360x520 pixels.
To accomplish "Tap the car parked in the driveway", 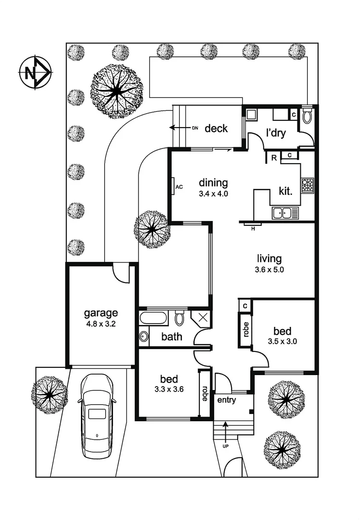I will [x=97, y=416].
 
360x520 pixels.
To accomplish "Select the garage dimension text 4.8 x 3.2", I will [x=101, y=324].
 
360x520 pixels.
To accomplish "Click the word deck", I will [x=216, y=129].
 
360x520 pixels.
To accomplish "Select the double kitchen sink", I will [x=284, y=212].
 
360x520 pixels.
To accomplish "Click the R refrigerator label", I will [x=273, y=157].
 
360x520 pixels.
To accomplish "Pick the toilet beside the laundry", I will [x=308, y=116].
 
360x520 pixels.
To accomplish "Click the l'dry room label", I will [x=276, y=133].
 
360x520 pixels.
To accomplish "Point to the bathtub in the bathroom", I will [x=153, y=318].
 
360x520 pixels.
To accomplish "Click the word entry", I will [x=226, y=400].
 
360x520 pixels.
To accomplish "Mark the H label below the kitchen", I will [x=252, y=228].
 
